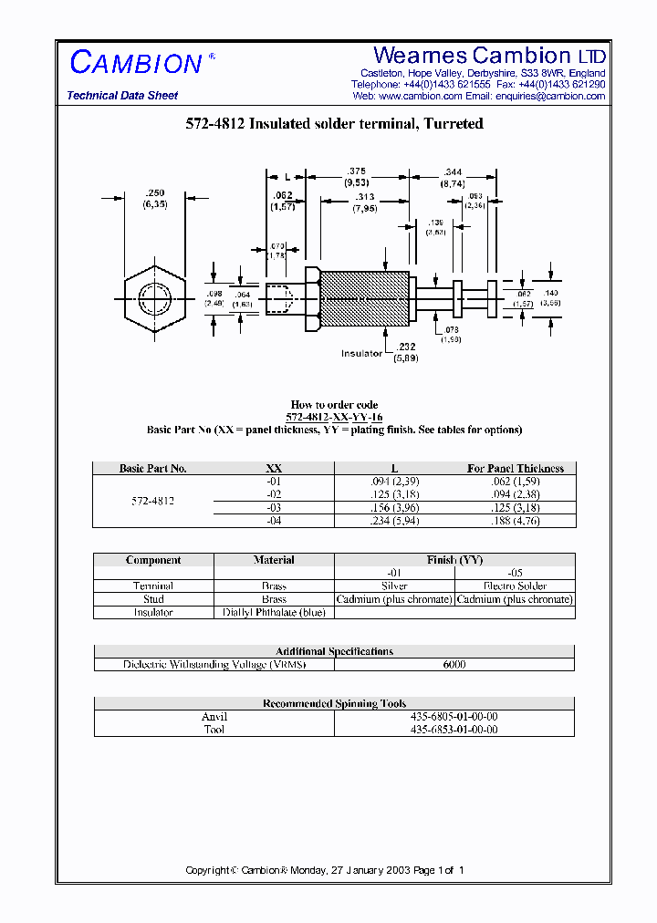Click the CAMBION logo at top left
point(136,63)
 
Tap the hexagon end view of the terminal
point(154,298)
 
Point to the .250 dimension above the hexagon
point(154,198)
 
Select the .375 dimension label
point(356,176)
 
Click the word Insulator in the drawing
point(361,353)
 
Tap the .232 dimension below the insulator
point(406,352)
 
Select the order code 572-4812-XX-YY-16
point(334,417)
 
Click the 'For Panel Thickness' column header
point(516,468)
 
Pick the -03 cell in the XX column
point(274,508)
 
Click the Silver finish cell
point(394,586)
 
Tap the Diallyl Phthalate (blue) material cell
point(274,612)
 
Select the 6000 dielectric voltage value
point(454,664)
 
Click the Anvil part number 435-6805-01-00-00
point(454,717)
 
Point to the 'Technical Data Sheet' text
point(122,96)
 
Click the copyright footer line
point(325,870)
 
